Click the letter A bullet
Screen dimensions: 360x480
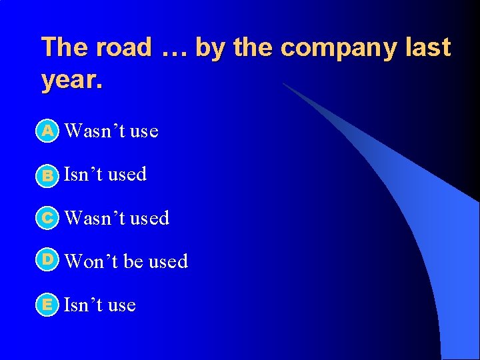[x=47, y=131]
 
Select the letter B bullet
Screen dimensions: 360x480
[x=47, y=175]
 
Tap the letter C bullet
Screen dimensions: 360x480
[x=47, y=218]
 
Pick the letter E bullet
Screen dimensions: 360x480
[x=47, y=305]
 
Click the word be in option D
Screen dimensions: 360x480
[x=134, y=261]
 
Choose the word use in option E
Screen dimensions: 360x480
[x=121, y=306]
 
